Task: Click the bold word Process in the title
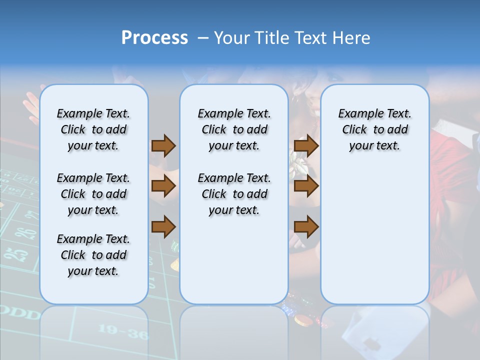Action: tap(154, 38)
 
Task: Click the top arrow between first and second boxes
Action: tap(163, 145)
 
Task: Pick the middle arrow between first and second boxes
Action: tap(163, 186)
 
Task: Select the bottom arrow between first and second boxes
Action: tap(163, 227)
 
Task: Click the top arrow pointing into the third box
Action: tap(306, 145)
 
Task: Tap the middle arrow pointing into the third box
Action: tap(306, 186)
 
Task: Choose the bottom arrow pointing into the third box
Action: tap(306, 227)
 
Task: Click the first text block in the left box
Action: tap(93, 129)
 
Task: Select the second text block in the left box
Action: tap(93, 194)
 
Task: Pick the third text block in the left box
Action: tap(93, 255)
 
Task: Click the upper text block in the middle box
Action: tap(234, 129)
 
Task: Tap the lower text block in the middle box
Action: tap(234, 194)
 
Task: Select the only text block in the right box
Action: tap(374, 129)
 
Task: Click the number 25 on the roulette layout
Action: tap(20, 255)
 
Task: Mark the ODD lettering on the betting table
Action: tap(20, 314)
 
